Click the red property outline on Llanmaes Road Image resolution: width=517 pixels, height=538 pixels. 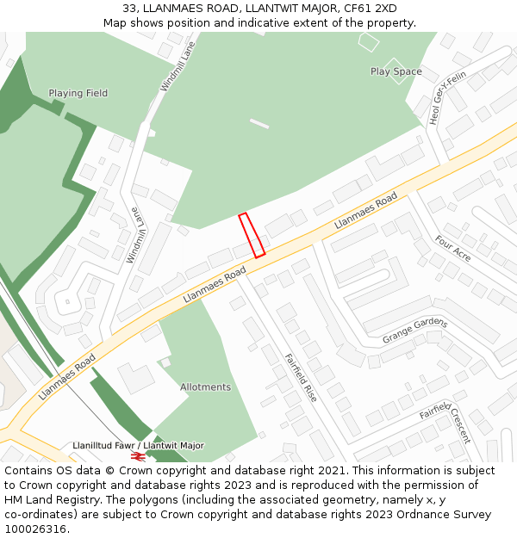tap(252, 235)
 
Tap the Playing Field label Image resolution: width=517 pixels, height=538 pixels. tap(78, 93)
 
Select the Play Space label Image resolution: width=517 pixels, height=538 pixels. tap(396, 71)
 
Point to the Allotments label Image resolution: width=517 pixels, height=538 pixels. tap(205, 387)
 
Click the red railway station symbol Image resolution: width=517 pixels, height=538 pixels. tap(137, 456)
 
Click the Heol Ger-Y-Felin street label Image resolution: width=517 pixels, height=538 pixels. tap(448, 98)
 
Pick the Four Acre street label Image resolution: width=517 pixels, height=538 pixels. tap(452, 248)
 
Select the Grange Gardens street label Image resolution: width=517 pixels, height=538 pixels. tap(415, 331)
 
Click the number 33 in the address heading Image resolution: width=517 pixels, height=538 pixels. tap(129, 9)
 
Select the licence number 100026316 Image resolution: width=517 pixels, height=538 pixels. tap(34, 529)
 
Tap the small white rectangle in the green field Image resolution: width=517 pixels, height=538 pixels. tap(258, 124)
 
